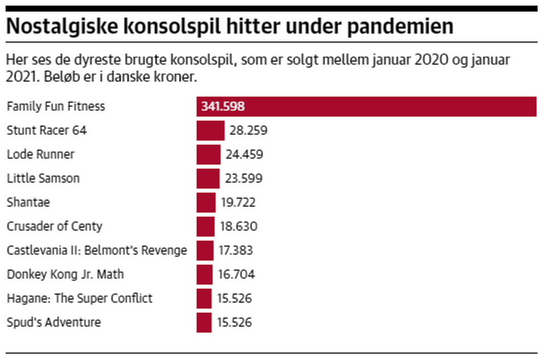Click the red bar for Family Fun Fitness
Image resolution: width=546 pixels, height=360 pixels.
tap(366, 106)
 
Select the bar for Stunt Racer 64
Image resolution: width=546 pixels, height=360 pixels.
tap(210, 131)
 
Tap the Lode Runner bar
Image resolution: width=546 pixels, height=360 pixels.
tap(209, 155)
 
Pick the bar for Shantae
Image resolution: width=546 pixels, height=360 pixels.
tap(206, 202)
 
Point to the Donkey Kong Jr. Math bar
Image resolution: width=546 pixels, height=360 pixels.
tap(204, 275)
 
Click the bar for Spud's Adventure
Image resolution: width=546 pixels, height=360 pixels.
tap(204, 322)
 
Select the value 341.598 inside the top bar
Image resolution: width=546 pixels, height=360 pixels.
tap(223, 106)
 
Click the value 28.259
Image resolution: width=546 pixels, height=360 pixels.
tap(249, 131)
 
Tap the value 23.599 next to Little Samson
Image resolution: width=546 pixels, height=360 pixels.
tap(244, 179)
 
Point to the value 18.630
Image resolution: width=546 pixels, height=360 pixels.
tap(238, 227)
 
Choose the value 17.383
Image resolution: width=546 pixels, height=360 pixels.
tap(235, 251)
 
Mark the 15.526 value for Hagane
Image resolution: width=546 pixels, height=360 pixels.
tap(234, 299)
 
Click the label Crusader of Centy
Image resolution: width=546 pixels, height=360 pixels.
tap(55, 227)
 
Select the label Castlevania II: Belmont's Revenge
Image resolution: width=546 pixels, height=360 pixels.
tap(97, 250)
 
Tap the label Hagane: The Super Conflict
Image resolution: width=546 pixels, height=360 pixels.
tap(80, 299)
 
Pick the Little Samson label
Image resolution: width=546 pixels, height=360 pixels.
tap(43, 178)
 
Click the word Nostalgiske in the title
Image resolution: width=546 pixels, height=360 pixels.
tap(63, 27)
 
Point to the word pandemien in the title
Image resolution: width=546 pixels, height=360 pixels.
tap(400, 27)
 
